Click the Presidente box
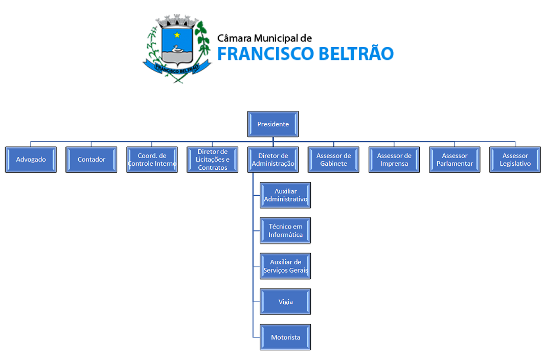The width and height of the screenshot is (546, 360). point(273,124)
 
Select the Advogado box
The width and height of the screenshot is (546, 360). point(31,160)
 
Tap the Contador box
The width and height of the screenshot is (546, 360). point(92,160)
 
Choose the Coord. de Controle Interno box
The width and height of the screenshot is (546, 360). point(152,160)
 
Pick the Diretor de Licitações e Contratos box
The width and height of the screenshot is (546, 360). point(212,160)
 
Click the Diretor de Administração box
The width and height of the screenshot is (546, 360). point(273,160)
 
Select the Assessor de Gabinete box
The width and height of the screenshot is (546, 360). point(333,160)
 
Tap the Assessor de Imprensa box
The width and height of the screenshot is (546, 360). point(394,160)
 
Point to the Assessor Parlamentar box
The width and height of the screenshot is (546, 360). point(454,160)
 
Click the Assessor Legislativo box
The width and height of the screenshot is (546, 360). point(515,160)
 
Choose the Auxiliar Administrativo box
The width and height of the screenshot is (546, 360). point(285,195)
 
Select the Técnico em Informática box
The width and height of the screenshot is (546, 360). point(285,230)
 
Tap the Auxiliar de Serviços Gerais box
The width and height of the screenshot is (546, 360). point(285,266)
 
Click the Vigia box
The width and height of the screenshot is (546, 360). point(285,302)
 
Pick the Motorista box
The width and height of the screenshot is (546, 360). point(285,337)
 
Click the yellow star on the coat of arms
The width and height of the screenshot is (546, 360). point(177,35)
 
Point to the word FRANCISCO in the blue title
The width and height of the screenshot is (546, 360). point(263,54)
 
